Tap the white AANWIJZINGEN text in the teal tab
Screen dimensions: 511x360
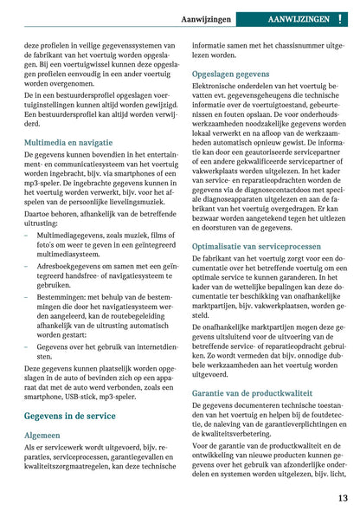click(299, 17)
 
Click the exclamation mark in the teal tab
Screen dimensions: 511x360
click(340, 17)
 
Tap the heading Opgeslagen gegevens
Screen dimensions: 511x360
click(230, 74)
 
